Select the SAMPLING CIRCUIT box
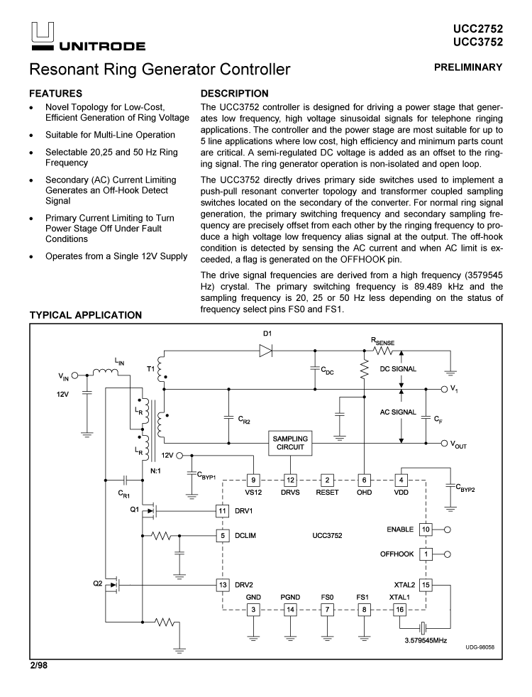tap(290, 444)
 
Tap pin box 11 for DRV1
tap(223, 510)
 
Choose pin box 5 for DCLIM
tap(223, 535)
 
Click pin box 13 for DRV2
tap(223, 585)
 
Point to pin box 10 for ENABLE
tap(426, 529)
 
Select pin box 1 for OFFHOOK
tap(426, 554)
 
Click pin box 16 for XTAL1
tap(401, 610)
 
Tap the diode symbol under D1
tap(266, 351)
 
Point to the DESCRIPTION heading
tap(235, 93)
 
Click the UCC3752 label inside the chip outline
tap(327, 534)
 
